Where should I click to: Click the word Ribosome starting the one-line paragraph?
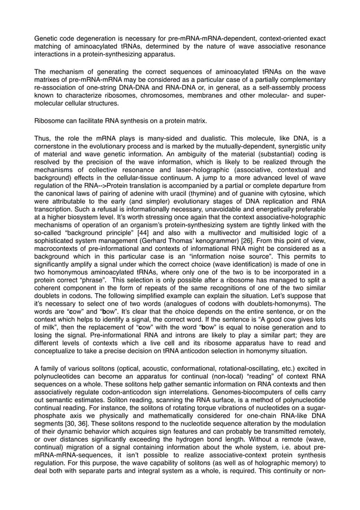52,121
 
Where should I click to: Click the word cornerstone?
55,146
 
